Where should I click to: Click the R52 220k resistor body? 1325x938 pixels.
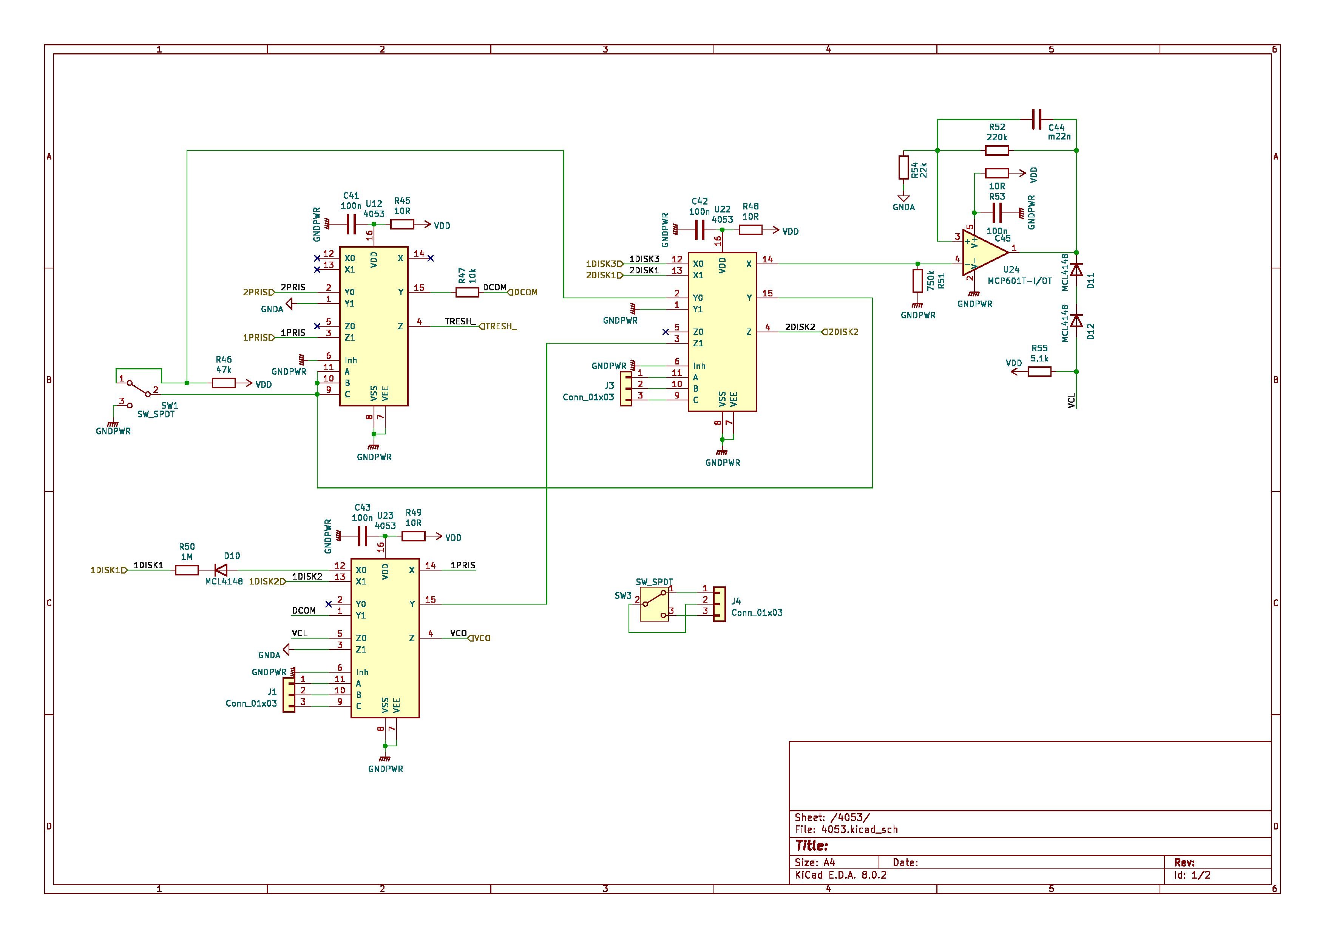pos(997,151)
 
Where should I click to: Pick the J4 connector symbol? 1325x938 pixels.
pos(719,604)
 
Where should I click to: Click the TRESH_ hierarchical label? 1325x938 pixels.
pos(499,326)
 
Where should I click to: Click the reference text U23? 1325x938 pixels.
pos(385,516)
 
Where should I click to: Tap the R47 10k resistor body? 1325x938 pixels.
pos(468,292)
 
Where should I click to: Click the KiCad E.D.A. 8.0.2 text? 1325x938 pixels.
pos(841,875)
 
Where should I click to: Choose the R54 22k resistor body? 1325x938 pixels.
pos(904,167)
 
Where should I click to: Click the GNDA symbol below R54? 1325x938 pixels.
pos(904,199)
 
